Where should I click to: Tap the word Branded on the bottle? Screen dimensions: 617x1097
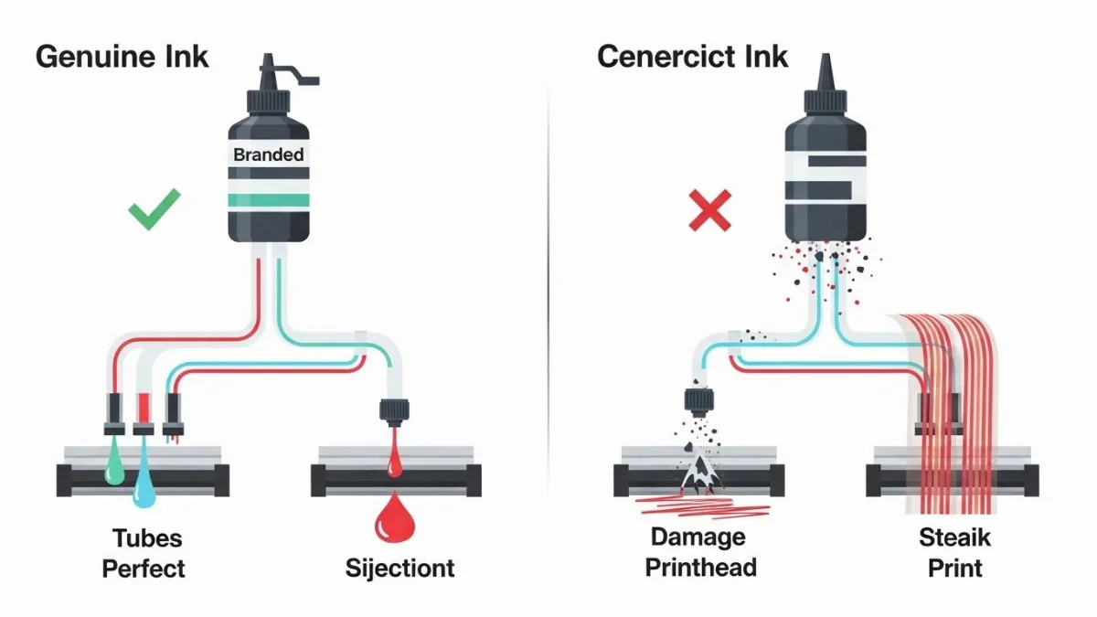pyautogui.click(x=268, y=154)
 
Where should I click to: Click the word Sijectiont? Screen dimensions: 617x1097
pyautogui.click(x=399, y=568)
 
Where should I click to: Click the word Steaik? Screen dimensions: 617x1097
pyautogui.click(x=954, y=537)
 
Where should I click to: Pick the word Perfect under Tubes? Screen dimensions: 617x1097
pyautogui.click(x=144, y=568)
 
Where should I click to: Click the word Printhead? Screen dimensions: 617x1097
pyautogui.click(x=700, y=568)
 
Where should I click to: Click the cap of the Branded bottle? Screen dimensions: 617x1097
pyautogui.click(x=268, y=82)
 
